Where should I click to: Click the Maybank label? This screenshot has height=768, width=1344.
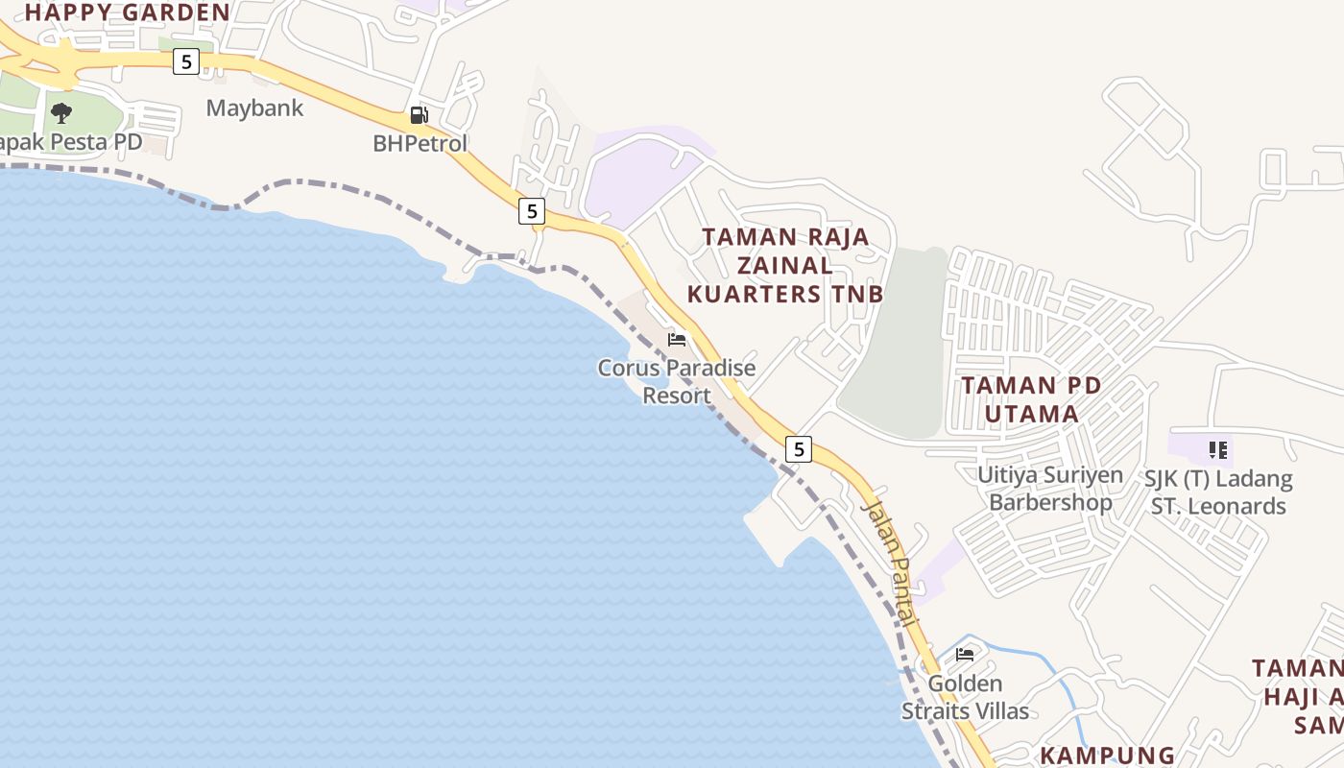pos(254,108)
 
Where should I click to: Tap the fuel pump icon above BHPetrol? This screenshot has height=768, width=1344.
pos(419,115)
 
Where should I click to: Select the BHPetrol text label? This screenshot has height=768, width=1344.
pos(420,143)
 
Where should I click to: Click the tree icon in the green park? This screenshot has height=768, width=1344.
pos(61,113)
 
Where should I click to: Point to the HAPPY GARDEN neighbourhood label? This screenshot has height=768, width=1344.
pos(127,12)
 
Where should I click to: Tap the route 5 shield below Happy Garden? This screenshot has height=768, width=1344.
pos(185,62)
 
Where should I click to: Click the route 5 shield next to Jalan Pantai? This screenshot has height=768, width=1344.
pos(798,448)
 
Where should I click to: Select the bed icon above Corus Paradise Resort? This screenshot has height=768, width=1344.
pos(677,339)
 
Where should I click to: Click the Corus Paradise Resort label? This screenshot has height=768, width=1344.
pos(677,381)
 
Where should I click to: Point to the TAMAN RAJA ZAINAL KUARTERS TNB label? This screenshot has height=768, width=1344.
pos(785,265)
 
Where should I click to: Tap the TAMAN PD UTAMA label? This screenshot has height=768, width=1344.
pos(1032,399)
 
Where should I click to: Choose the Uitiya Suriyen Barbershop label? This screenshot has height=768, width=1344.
pos(1050,489)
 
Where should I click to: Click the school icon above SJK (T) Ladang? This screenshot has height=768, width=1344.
pos(1218,449)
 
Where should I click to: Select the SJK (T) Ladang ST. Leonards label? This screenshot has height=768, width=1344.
pos(1218,492)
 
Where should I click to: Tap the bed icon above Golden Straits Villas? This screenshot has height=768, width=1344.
pos(965,655)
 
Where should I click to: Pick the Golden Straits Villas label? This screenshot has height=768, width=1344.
pos(965,698)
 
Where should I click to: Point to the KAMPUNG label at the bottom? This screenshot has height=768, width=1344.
pos(1108,756)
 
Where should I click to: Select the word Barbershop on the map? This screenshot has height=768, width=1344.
pos(1050,502)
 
